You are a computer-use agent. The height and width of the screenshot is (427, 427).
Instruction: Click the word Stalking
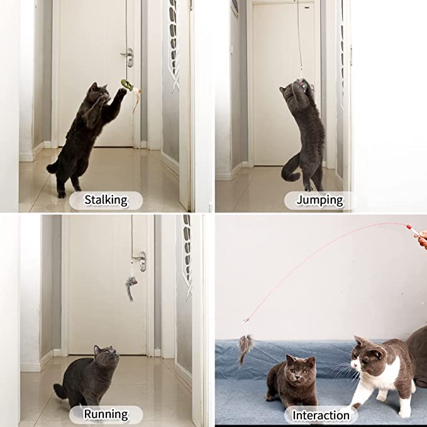tap(106, 200)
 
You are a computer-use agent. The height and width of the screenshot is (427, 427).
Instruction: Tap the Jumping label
tap(319, 200)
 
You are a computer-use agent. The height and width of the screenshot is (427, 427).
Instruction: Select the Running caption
tap(106, 414)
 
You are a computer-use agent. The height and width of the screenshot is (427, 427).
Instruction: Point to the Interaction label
tap(321, 416)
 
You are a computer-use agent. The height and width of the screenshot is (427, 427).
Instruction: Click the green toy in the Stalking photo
tap(127, 85)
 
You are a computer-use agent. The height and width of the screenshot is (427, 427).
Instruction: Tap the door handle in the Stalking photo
tap(128, 57)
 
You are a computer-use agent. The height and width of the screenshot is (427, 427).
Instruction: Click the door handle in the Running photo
tap(140, 260)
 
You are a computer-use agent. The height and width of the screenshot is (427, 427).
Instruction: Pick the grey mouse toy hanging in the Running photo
tap(130, 287)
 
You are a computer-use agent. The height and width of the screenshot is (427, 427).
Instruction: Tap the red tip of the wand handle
tap(409, 227)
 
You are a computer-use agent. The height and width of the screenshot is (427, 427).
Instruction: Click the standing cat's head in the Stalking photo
tap(99, 93)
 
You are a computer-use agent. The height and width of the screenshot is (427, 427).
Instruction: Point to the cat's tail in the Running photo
tap(60, 391)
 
